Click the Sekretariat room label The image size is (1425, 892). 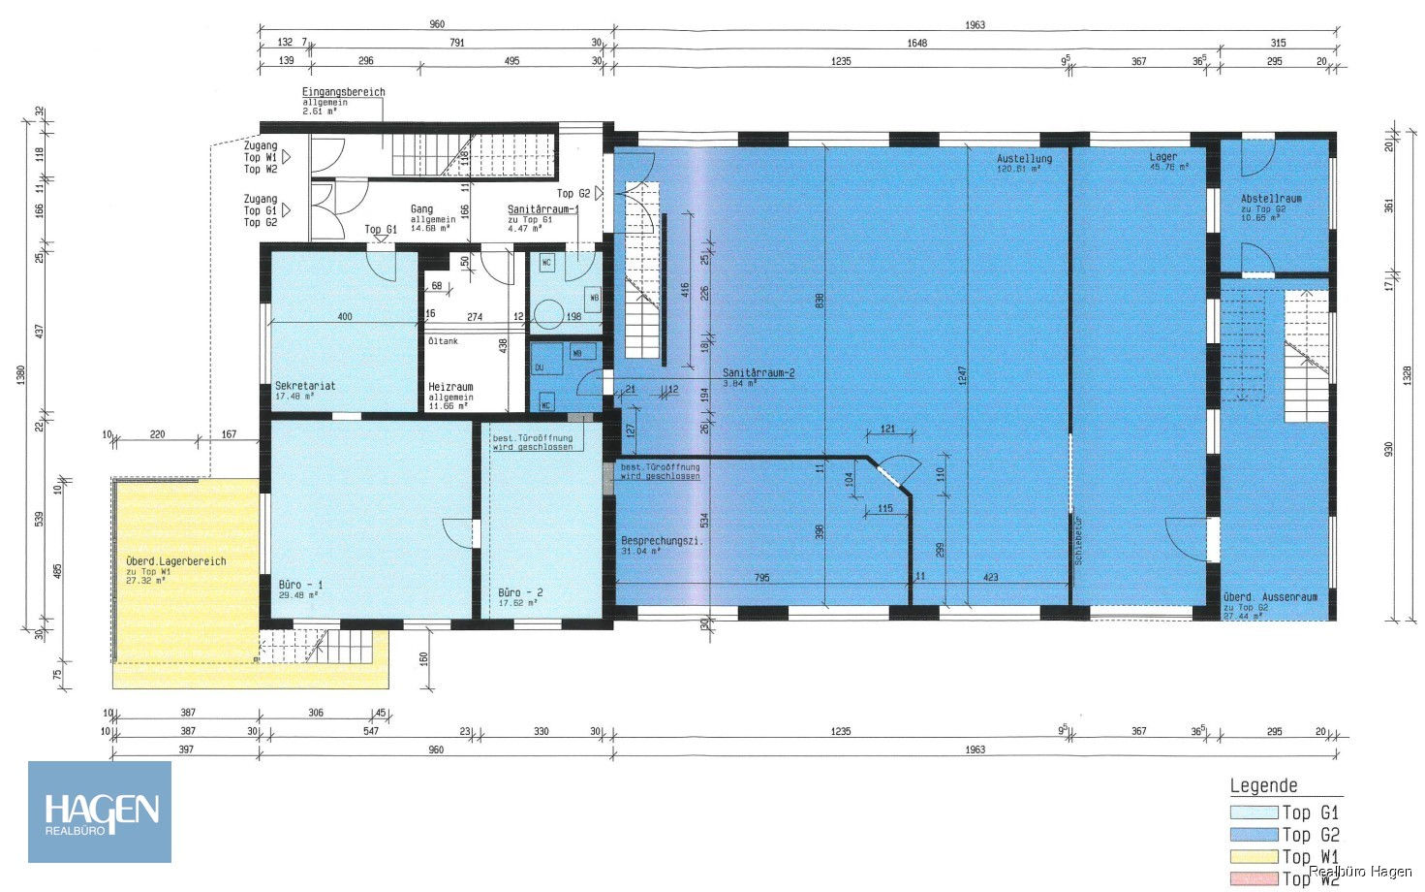tap(305, 386)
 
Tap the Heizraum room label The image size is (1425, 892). tap(450, 387)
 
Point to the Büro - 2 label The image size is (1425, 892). tap(520, 592)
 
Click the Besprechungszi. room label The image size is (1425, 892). tap(662, 541)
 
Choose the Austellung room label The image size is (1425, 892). tap(1024, 158)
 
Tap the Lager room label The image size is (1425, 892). tap(1163, 157)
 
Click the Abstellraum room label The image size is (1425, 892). tap(1271, 199)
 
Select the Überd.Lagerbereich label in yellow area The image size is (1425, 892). tap(175, 561)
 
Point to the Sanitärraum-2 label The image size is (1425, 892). tap(759, 373)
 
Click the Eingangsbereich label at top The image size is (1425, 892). tap(343, 92)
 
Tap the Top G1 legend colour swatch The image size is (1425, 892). tap(1253, 812)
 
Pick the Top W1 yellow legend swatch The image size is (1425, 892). tap(1253, 856)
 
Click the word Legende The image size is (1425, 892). tap(1263, 786)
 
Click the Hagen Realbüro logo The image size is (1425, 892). tap(100, 812)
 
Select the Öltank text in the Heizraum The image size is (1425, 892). tap(443, 341)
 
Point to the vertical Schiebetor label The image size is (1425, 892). tap(1077, 541)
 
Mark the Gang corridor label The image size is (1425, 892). tap(421, 209)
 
